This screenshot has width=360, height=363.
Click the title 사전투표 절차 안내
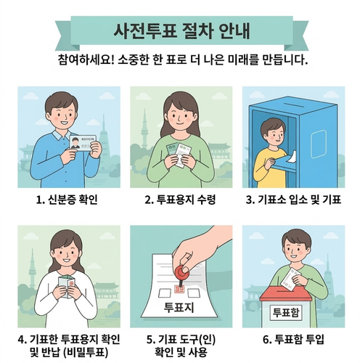coord(181,31)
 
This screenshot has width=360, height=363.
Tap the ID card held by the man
coord(83,143)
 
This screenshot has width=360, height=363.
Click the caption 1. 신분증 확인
coord(67,200)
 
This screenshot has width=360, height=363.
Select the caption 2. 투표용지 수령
coord(180,200)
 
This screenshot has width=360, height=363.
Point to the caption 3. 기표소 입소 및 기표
coord(293,200)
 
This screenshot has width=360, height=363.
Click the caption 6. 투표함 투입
coord(293,340)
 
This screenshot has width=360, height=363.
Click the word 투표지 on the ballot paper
coord(179,307)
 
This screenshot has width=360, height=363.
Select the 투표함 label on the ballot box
coord(286,312)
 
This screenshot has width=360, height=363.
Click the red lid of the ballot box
coord(286,293)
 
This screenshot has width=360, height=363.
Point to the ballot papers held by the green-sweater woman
coord(179,155)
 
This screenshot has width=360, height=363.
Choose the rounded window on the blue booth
coord(319,144)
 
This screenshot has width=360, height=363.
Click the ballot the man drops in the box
coord(290,279)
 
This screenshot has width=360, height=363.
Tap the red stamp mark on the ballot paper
coord(179,289)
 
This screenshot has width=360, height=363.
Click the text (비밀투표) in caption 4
coord(86,353)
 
